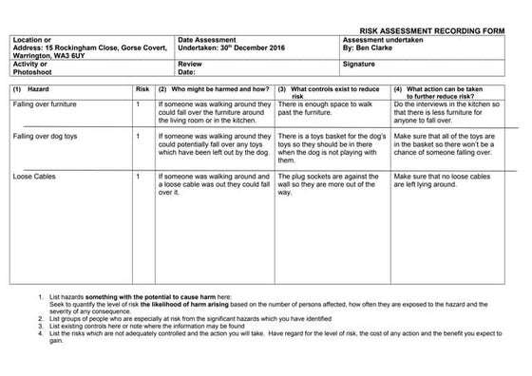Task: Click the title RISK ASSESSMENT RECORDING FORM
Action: (x=443, y=30)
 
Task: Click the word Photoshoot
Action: (x=31, y=71)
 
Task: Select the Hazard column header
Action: (x=35, y=88)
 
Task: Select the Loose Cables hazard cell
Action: (x=33, y=177)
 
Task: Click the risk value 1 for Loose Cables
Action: (x=139, y=177)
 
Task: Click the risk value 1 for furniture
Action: (x=139, y=103)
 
